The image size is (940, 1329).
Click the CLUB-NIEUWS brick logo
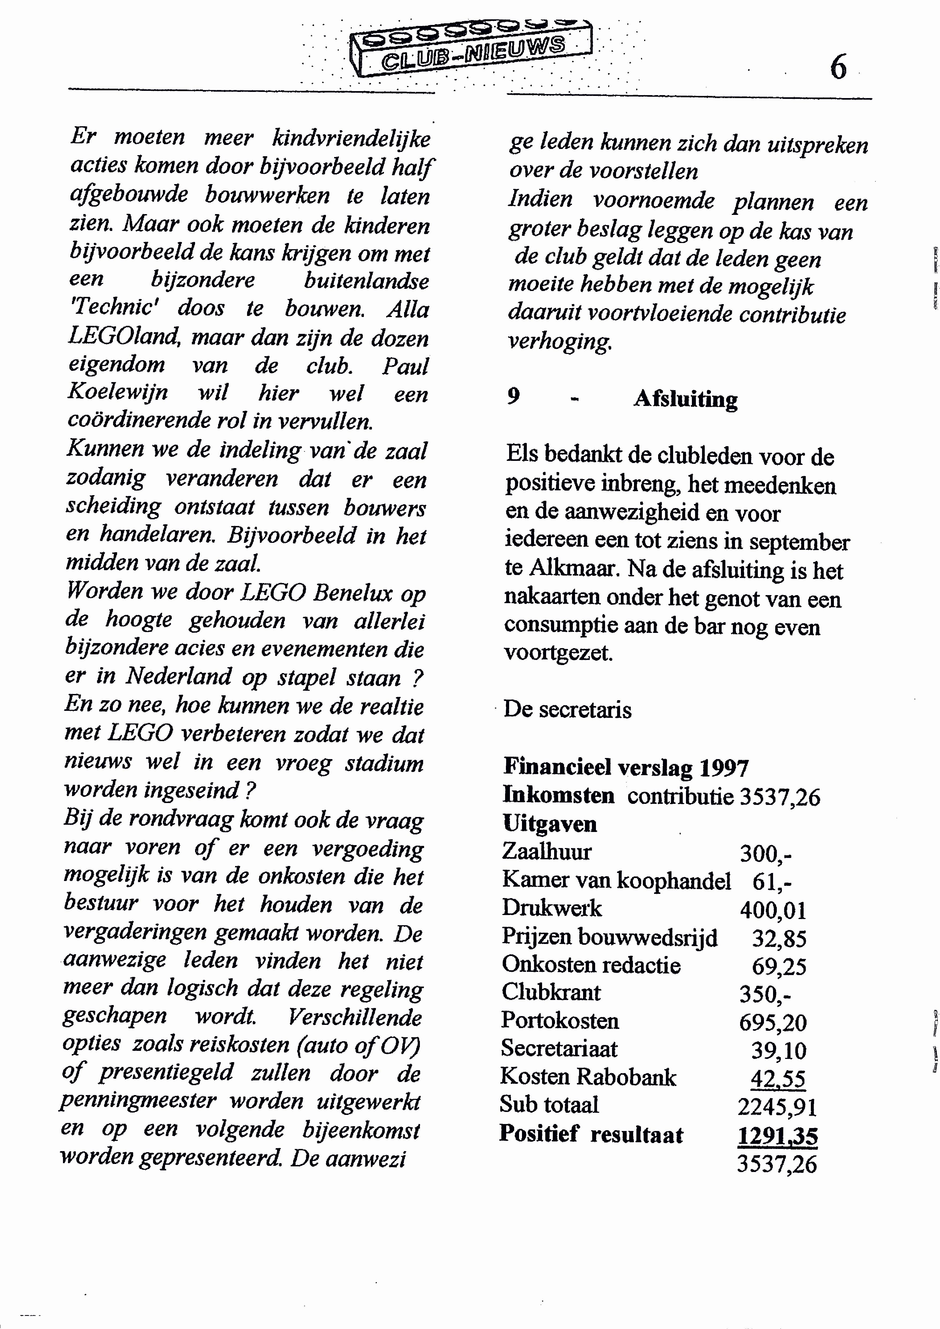tap(472, 49)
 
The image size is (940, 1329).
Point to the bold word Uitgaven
tap(549, 824)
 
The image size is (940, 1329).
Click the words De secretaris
tap(567, 710)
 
